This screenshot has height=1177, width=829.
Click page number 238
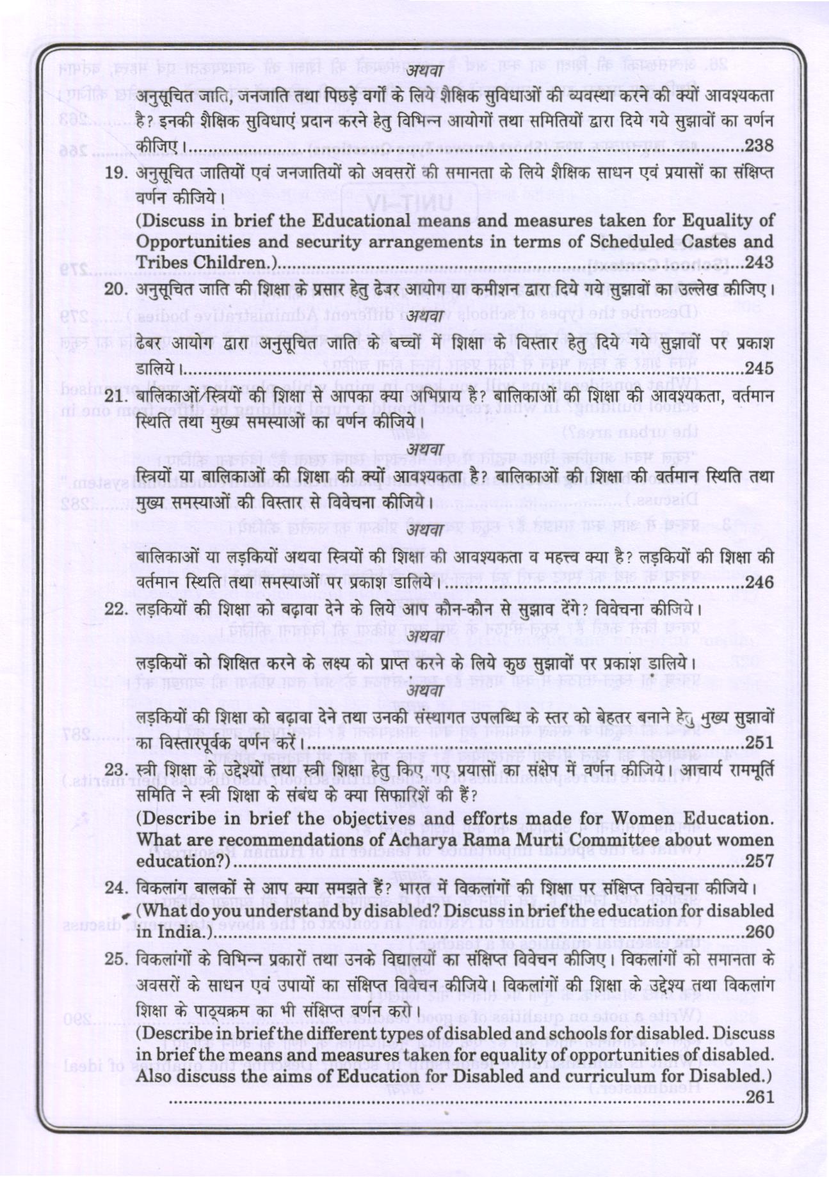760,146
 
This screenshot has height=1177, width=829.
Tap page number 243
760,263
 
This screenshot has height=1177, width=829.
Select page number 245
760,369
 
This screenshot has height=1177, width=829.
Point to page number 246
760,583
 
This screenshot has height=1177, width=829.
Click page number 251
760,743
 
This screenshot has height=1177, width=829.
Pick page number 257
760,861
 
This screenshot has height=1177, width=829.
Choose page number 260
760,932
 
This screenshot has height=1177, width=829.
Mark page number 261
760,1096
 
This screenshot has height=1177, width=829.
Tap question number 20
117,289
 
